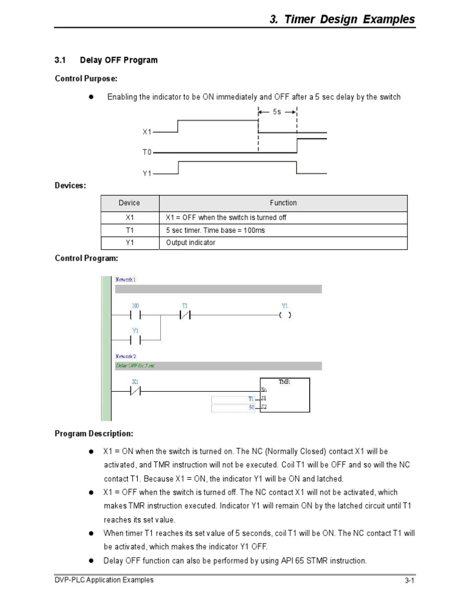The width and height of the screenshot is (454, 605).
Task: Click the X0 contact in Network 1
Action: pyautogui.click(x=135, y=315)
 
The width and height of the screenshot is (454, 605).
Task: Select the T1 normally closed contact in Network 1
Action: pyautogui.click(x=185, y=315)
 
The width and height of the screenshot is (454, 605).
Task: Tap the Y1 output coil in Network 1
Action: pyautogui.click(x=285, y=315)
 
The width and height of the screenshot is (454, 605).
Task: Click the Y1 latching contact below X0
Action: pyautogui.click(x=135, y=340)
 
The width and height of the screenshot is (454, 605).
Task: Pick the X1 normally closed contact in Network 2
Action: pyautogui.click(x=135, y=391)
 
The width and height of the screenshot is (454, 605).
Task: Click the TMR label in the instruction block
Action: pyautogui.click(x=284, y=382)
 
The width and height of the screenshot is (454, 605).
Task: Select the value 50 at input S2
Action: pyautogui.click(x=251, y=408)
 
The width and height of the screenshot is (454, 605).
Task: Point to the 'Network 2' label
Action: pyautogui.click(x=125, y=356)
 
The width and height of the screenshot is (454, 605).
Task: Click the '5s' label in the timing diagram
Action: pyautogui.click(x=277, y=112)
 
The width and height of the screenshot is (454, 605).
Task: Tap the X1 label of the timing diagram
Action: pyautogui.click(x=147, y=133)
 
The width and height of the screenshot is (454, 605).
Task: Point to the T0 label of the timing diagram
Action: pyautogui.click(x=147, y=152)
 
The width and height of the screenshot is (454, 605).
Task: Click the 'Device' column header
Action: pyautogui.click(x=129, y=203)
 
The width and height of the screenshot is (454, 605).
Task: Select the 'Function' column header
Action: pyautogui.click(x=283, y=203)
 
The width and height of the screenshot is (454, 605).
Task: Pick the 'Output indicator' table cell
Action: pyautogui.click(x=190, y=243)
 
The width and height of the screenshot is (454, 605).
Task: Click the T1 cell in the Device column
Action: pyautogui.click(x=129, y=230)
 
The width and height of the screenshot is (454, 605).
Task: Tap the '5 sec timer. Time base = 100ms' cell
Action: pyautogui.click(x=216, y=230)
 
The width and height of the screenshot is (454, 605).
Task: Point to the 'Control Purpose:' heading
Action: pyautogui.click(x=82, y=78)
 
